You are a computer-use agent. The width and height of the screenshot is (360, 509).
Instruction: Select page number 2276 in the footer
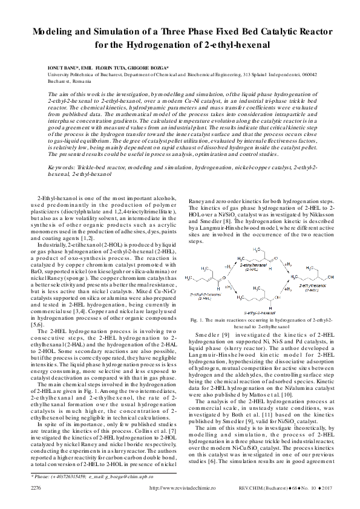[36, 488]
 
